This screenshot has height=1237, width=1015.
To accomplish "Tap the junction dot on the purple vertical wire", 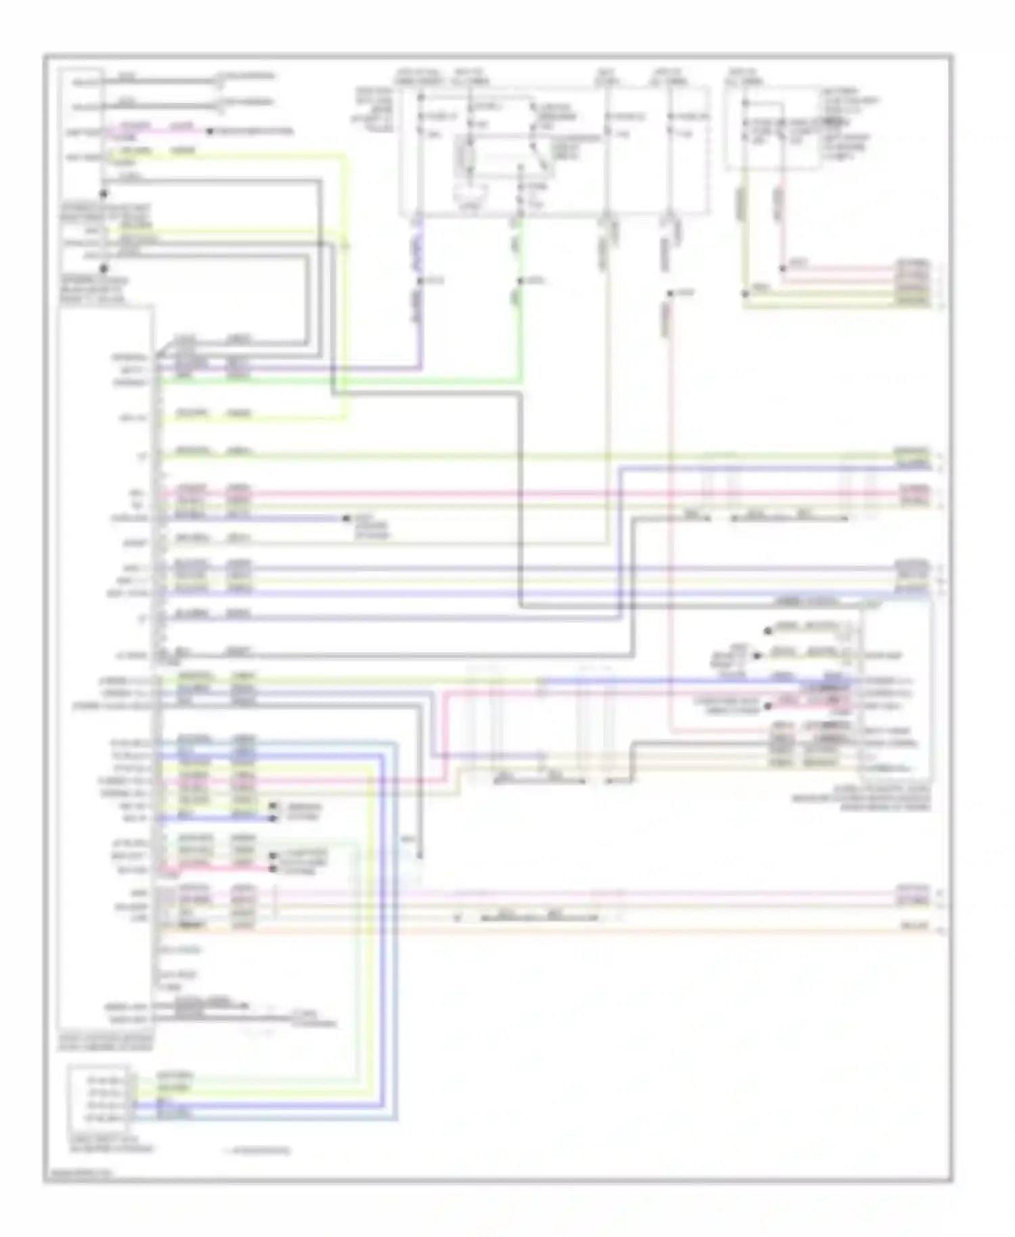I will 420,281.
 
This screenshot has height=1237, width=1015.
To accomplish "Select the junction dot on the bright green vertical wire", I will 520,281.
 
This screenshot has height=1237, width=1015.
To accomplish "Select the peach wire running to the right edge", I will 541,932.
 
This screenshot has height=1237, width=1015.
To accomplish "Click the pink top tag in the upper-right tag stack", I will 913,264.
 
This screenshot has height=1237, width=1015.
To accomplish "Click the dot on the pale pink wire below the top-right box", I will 783,269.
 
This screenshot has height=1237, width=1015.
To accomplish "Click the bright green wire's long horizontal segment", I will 338,382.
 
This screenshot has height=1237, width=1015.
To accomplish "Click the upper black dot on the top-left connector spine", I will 104,194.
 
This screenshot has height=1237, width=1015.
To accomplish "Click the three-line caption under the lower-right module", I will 861,799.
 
